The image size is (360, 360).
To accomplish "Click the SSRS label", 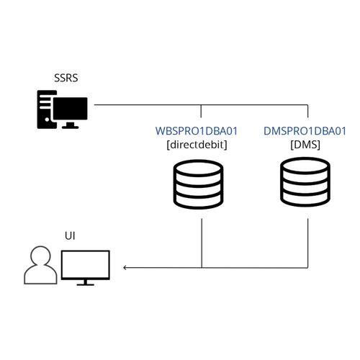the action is (x=66, y=78).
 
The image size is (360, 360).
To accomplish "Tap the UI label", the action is (x=70, y=236).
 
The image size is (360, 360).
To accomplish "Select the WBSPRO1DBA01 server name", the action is (x=197, y=131).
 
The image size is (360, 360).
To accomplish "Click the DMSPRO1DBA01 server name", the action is (x=305, y=131).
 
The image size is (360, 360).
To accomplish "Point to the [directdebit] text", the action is (x=197, y=145).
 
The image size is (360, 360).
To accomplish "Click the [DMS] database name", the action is (x=305, y=145).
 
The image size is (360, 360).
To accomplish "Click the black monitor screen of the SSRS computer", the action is (x=71, y=109).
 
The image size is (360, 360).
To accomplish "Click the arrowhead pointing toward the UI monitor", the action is (x=125, y=267).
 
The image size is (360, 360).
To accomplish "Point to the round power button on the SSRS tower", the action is (x=47, y=120).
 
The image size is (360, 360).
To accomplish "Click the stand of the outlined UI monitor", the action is (x=86, y=283).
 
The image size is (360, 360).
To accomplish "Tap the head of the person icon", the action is (x=40, y=256).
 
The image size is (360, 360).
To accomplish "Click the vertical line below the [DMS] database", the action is (x=308, y=243).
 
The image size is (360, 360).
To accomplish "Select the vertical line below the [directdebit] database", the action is (x=202, y=243).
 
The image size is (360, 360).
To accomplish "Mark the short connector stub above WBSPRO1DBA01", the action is (x=201, y=111).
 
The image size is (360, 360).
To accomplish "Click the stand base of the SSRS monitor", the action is (x=71, y=126).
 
